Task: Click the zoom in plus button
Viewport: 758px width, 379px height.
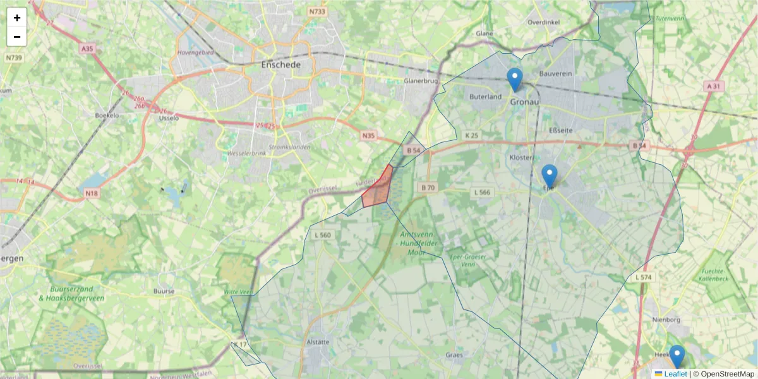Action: click(x=17, y=18)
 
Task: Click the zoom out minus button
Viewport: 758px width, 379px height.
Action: click(x=17, y=37)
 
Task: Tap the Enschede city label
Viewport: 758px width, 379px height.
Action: click(x=280, y=65)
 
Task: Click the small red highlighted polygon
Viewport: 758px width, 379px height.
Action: click(x=378, y=188)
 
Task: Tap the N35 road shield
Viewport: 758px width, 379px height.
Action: click(x=369, y=136)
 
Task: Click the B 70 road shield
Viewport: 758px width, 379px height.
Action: click(x=428, y=188)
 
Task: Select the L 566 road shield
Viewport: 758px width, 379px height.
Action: click(x=482, y=192)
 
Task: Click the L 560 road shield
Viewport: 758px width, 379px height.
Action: click(x=322, y=235)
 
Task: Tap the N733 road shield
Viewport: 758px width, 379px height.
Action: click(x=317, y=11)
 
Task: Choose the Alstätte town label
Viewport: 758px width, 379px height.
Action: click(x=318, y=342)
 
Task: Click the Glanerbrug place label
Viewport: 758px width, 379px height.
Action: click(x=421, y=81)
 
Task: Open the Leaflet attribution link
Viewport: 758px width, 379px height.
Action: click(x=675, y=374)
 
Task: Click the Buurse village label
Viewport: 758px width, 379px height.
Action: click(x=164, y=291)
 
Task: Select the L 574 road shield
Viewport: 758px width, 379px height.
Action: click(x=643, y=277)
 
